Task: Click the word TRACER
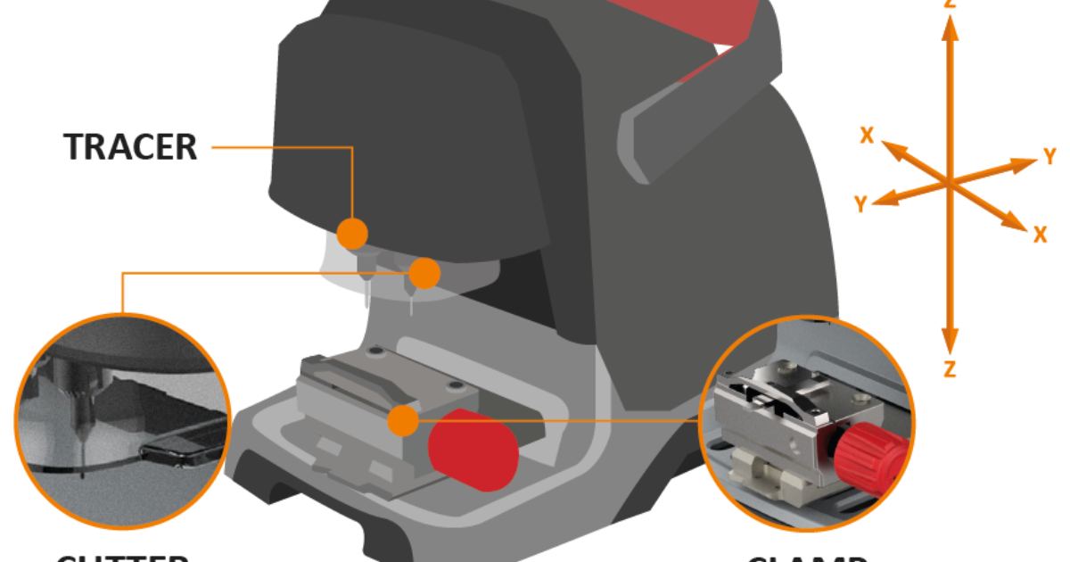click(130, 147)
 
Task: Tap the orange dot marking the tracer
click(353, 234)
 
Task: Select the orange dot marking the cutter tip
click(425, 273)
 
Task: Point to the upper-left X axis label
click(866, 134)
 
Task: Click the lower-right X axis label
click(1040, 235)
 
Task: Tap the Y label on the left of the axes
click(860, 205)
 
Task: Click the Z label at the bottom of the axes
click(951, 368)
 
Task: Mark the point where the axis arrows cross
click(951, 181)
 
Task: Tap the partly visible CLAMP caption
click(807, 558)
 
